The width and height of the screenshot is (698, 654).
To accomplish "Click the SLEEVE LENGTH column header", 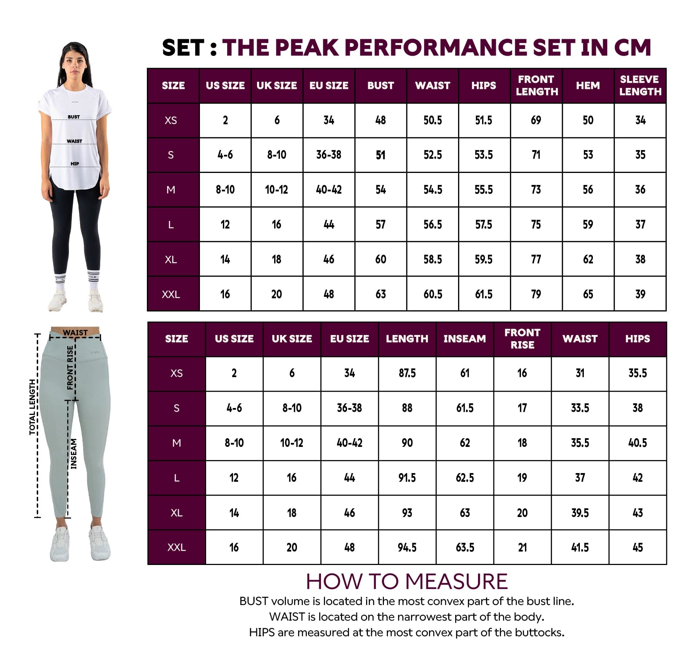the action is point(640,85).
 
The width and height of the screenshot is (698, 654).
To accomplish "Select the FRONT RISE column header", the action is point(522,339).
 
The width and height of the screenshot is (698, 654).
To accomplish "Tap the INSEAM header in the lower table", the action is point(465,339).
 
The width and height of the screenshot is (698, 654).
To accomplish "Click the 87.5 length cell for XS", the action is point(407,373).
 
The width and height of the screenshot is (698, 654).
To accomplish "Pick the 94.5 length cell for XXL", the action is point(407,548).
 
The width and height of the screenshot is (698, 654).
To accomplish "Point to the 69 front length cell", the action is point(536,120).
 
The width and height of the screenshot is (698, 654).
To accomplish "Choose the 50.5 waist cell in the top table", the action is point(433,120).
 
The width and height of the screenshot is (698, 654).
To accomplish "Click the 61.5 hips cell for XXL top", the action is point(484,294).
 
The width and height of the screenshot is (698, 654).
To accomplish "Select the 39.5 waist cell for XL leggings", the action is point(580,513).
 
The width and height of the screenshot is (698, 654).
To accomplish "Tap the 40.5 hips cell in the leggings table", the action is point(638,443).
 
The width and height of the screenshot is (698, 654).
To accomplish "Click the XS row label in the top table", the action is point(171,120).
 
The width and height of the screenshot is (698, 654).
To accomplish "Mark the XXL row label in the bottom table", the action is point(177,548).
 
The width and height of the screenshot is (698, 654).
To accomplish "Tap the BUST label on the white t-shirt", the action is point(74,117).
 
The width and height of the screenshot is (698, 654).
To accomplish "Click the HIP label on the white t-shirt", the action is point(75,164).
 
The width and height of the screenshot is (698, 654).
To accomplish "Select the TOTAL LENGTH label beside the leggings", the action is point(32,407).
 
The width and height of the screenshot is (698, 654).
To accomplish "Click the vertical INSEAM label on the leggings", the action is point(74,454).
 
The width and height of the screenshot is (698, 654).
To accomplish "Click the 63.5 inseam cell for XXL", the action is point(465,548).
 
